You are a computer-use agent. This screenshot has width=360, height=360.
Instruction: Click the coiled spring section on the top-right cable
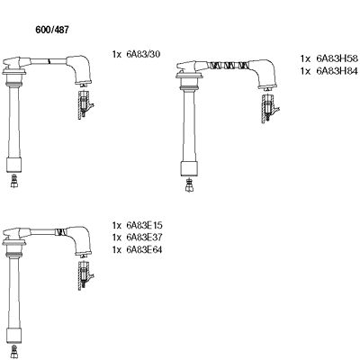click(226, 66)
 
